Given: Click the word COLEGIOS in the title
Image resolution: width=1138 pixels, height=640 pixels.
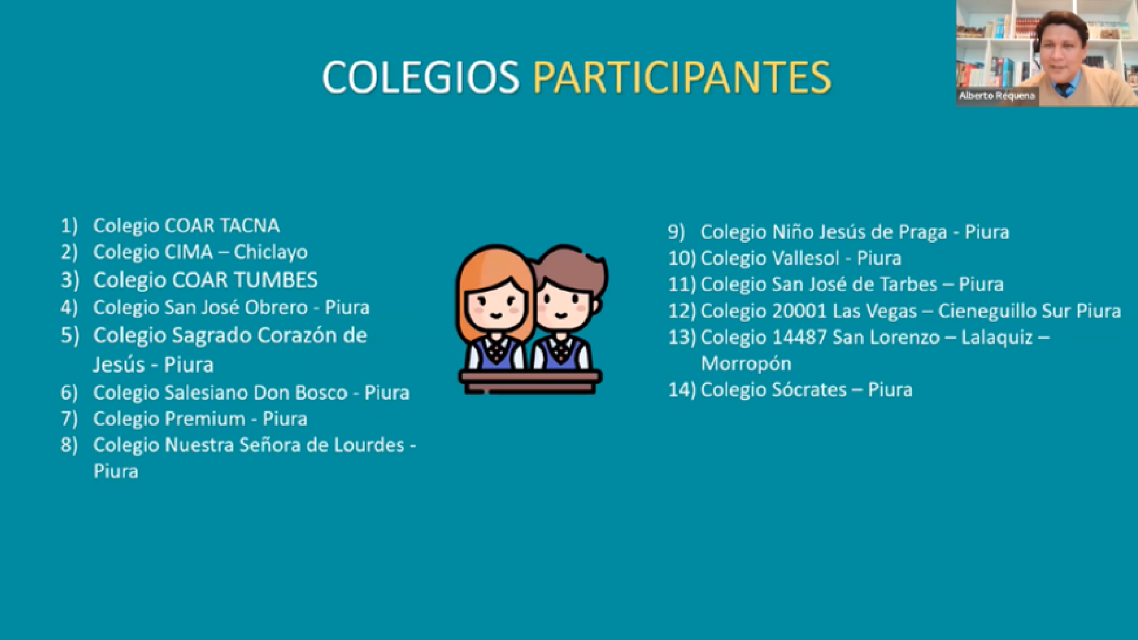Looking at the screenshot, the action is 421,78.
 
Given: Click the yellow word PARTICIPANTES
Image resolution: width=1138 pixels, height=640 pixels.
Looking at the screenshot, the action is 682,78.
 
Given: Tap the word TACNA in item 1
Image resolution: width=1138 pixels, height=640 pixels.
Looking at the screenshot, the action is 250,226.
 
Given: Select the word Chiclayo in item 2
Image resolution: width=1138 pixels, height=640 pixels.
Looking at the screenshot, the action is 271,253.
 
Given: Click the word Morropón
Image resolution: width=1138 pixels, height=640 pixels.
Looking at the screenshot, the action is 746,363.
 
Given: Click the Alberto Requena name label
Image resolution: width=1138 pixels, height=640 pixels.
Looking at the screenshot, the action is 997,96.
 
